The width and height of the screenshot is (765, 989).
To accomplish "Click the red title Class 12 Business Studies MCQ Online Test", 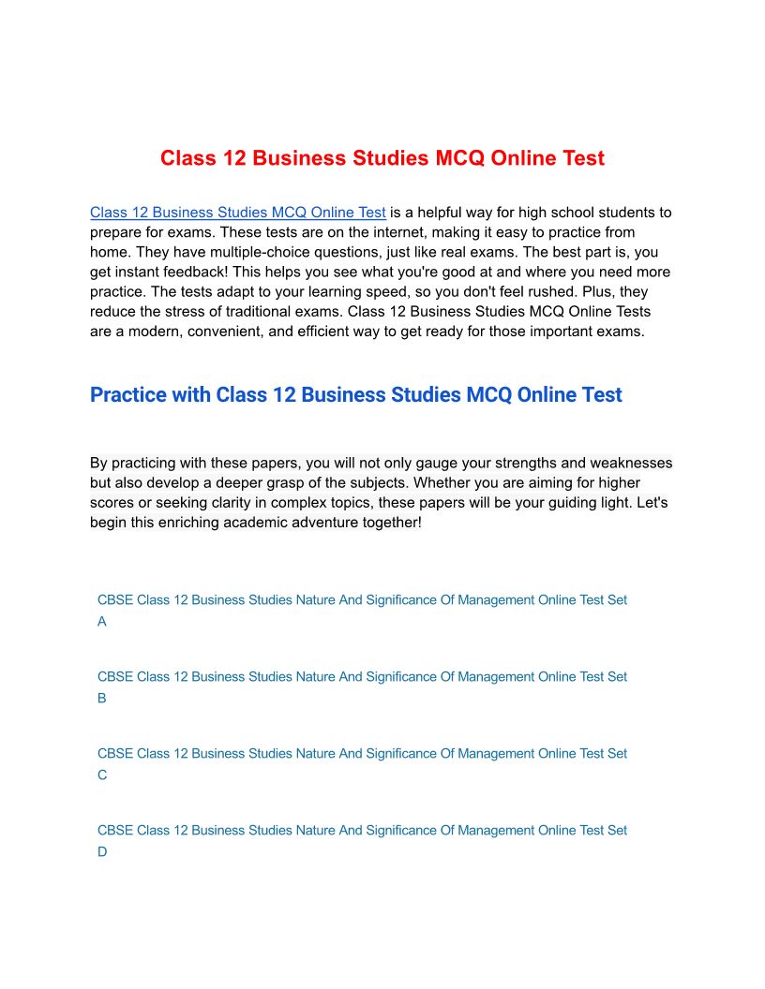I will (382, 158).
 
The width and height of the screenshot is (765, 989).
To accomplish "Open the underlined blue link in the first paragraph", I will (238, 213).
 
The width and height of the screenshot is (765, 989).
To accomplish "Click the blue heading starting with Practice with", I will (355, 395).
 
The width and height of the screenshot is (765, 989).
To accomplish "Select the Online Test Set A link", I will (362, 600).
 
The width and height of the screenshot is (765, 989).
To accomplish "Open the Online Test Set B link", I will (362, 677).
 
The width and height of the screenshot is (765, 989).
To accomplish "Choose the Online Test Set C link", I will (362, 754).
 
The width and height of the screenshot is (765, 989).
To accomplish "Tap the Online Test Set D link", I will (362, 831).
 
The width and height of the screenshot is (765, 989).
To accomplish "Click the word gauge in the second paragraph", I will (426, 463).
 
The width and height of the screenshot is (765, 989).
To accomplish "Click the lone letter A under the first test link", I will (102, 622).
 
